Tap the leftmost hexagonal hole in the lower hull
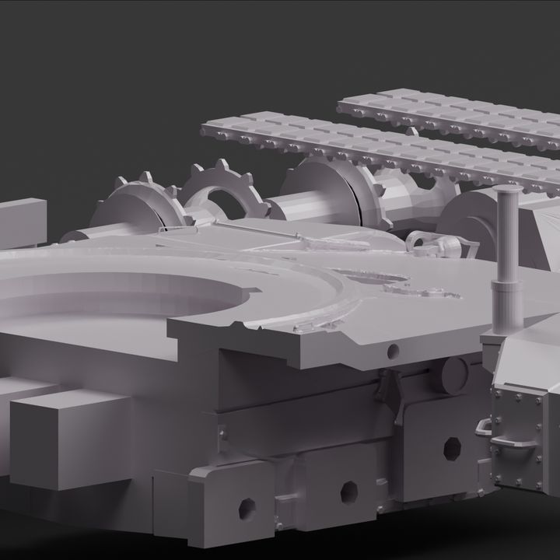249,507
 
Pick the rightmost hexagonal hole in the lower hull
450,448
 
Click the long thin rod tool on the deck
303,237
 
